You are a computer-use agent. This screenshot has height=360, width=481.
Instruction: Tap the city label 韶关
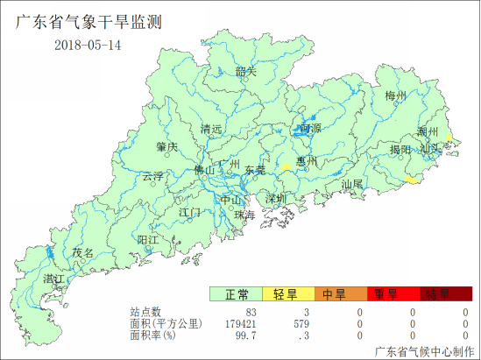coord(246,72)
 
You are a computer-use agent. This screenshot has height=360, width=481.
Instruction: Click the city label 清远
coord(211,130)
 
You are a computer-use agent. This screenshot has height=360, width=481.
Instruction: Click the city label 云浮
coord(153,176)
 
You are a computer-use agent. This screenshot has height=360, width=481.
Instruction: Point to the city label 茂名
coord(82,252)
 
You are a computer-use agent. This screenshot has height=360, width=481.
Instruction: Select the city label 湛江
coord(53,279)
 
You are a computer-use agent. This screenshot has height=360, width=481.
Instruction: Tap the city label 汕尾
coord(352,185)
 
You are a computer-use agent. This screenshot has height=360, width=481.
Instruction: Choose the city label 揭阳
coord(400,150)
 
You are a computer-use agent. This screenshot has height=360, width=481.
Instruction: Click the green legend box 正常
coord(236,294)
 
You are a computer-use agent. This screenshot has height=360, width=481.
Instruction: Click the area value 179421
coord(237,323)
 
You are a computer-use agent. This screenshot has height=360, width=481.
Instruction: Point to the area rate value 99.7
coord(245,335)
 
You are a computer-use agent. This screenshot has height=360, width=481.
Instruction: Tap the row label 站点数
coord(146,312)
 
